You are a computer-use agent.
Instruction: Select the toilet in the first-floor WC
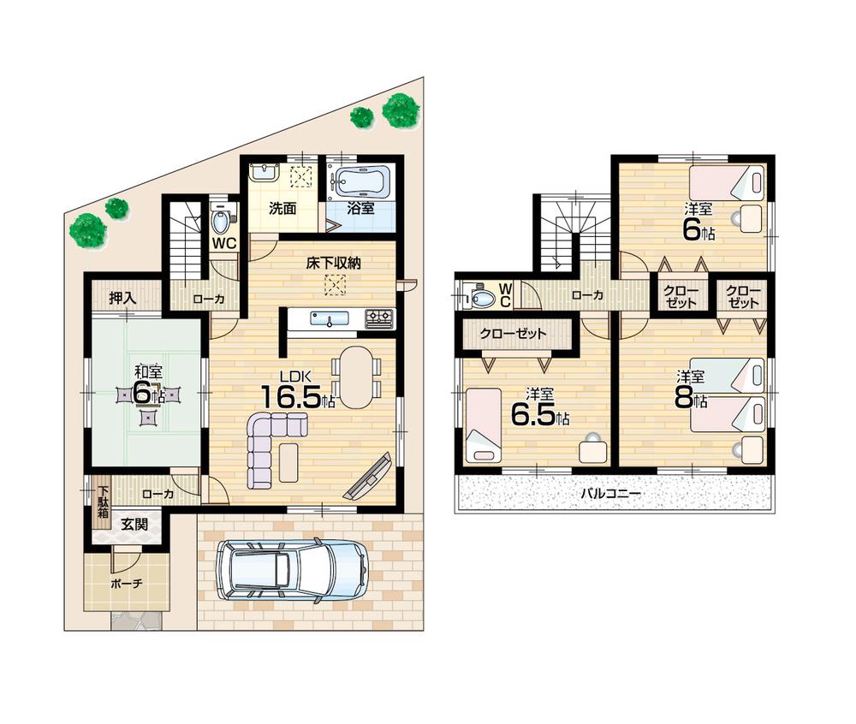click(x=220, y=223)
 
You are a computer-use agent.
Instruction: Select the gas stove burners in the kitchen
click(x=379, y=318)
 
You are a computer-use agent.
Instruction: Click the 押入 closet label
click(x=122, y=298)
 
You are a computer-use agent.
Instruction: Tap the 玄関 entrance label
click(x=134, y=524)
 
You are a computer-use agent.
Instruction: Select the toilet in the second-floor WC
click(x=482, y=299)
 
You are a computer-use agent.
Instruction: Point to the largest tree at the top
click(x=401, y=110)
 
